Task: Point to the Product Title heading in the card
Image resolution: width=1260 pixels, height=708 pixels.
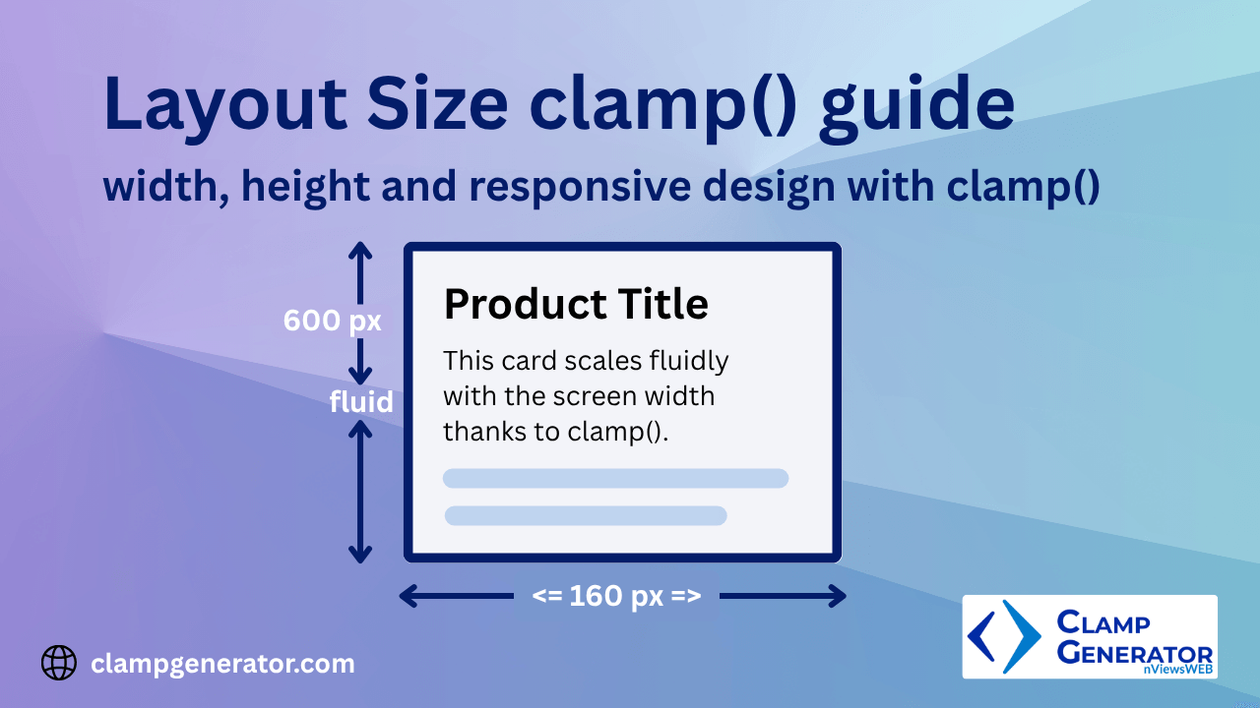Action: [x=576, y=304]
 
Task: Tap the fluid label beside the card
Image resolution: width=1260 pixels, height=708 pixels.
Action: [x=361, y=401]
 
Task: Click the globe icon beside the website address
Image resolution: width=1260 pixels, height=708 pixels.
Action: [x=59, y=663]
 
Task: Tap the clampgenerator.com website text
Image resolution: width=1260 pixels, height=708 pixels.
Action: [x=222, y=664]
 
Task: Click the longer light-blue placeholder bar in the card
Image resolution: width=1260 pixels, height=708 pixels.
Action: [x=615, y=479]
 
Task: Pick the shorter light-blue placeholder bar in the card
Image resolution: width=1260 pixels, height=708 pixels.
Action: [x=586, y=515]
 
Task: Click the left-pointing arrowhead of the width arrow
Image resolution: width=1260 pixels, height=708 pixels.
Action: [x=406, y=596]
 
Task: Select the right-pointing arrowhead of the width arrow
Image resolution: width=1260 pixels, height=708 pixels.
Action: [x=839, y=596]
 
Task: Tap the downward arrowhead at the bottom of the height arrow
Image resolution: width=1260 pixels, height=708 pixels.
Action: [x=360, y=555]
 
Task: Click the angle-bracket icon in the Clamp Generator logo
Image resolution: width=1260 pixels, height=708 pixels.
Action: [x=1003, y=636]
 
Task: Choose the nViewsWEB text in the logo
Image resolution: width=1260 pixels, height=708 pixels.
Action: [x=1179, y=670]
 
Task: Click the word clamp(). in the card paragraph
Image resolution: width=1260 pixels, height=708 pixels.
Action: [x=618, y=432]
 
